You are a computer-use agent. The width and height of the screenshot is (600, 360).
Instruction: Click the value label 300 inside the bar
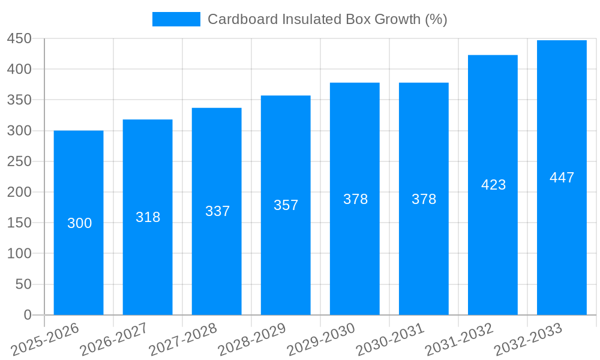pos(79,223)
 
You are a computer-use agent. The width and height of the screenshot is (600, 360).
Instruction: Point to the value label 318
pos(148,217)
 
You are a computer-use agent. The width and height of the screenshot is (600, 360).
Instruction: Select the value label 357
pos(286,205)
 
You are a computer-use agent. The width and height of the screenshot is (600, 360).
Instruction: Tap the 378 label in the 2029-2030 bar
pos(355,199)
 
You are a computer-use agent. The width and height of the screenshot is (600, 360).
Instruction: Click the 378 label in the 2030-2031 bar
pos(424,199)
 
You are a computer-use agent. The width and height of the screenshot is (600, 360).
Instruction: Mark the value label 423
pos(493,185)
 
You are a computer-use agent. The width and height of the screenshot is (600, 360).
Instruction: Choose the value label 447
pos(562,178)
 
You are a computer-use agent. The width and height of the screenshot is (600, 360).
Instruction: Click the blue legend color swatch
pos(176,19)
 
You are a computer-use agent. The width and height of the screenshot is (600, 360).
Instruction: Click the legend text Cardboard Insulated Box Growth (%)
pos(327,19)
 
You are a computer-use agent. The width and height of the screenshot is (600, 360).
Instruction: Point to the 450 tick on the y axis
pos(19,38)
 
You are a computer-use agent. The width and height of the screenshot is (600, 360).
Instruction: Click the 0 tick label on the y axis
pos(27,315)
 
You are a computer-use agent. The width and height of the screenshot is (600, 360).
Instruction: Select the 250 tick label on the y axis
pos(19,161)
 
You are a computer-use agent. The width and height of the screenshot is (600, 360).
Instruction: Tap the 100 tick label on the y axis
pos(19,253)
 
